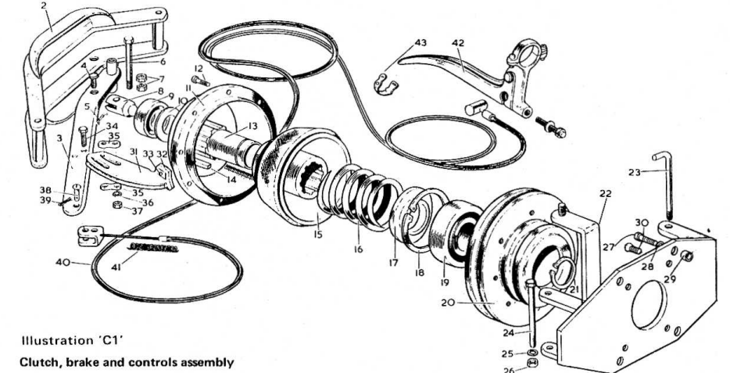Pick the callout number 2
[44, 5]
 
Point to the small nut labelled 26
[533, 365]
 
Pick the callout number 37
[138, 210]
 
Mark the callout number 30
[642, 221]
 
